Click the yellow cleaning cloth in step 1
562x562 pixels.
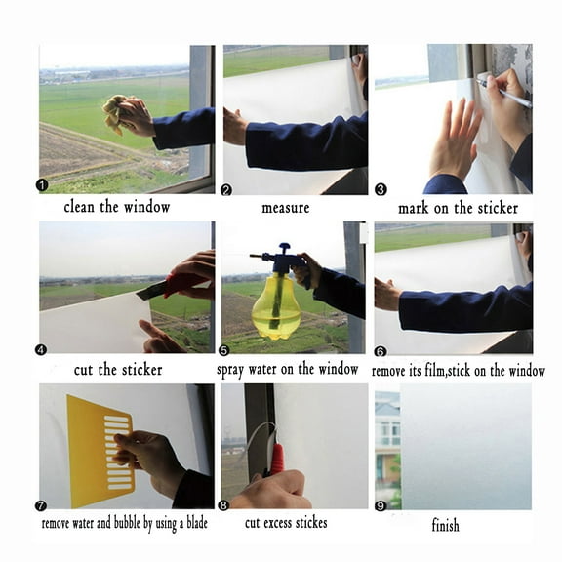click(115, 113)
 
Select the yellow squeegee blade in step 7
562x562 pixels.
click(100, 453)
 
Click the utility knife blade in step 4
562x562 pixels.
click(151, 291)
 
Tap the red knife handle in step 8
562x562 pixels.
click(277, 461)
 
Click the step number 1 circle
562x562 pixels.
click(42, 185)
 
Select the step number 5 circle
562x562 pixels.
click(223, 350)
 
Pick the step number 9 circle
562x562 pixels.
click(381, 506)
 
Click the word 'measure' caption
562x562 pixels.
click(286, 208)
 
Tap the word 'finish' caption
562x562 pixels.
click(445, 525)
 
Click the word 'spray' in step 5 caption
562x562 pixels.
click(230, 370)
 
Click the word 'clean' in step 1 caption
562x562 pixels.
click(80, 207)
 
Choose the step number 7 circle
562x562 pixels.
click(41, 505)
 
